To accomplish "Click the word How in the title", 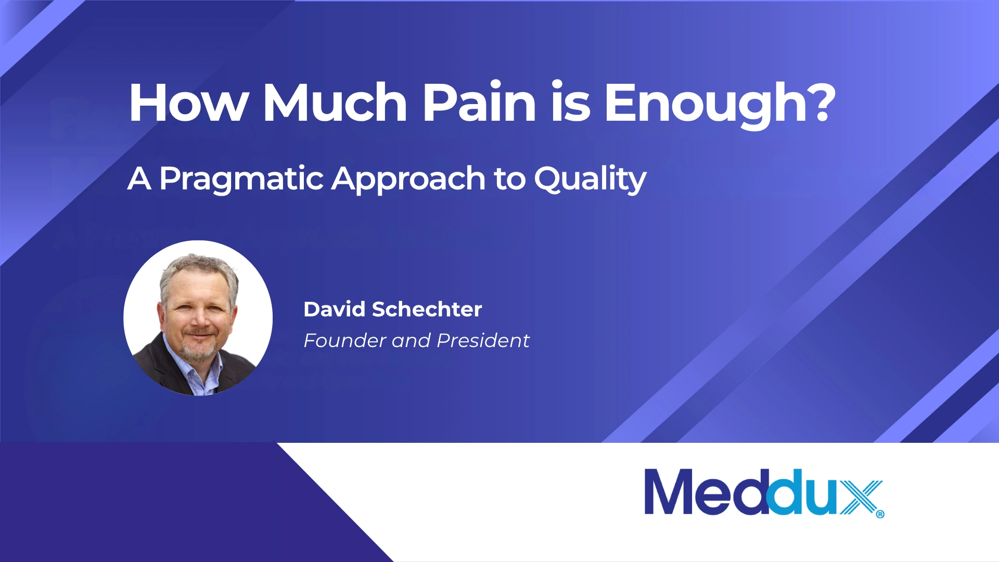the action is click(x=189, y=103).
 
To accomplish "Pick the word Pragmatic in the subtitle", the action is click(x=242, y=180).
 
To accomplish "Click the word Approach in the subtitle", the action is click(x=409, y=180).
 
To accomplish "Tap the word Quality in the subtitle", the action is click(x=591, y=180).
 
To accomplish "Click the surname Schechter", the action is click(x=427, y=309).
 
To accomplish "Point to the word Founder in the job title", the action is click(x=345, y=340).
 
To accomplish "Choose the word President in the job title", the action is click(x=483, y=340).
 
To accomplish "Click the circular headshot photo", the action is click(x=198, y=317).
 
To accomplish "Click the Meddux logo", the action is click(x=764, y=492).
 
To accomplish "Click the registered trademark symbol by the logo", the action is click(x=880, y=514).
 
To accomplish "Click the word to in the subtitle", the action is click(x=510, y=180).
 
